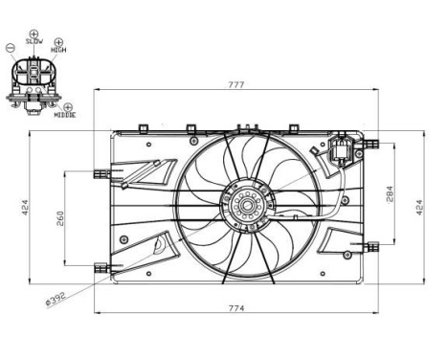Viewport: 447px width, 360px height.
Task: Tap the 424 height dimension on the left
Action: point(27,206)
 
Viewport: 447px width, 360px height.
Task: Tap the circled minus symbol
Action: point(11,46)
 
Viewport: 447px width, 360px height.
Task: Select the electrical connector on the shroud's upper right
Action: point(338,151)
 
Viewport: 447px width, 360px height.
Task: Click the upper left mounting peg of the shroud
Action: point(101,172)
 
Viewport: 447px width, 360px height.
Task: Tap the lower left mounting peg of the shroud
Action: point(101,266)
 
